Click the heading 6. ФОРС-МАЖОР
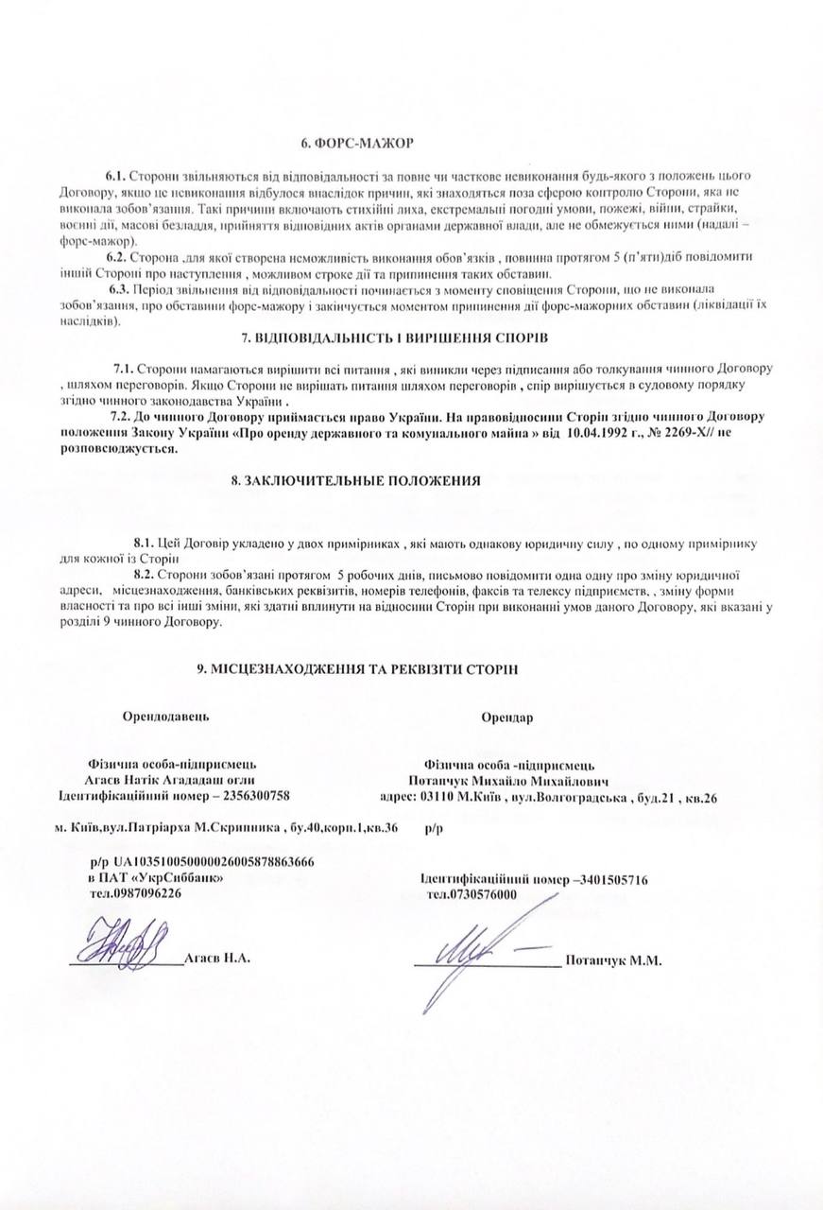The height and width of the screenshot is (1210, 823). [358, 143]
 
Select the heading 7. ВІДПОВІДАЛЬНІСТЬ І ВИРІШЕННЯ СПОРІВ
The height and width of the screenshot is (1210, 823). [395, 337]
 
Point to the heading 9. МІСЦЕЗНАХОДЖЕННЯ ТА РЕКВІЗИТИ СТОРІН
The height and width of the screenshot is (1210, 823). [357, 668]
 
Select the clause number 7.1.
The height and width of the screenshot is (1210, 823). [126, 367]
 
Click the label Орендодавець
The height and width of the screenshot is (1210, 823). [166, 716]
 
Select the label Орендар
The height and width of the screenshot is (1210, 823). [506, 717]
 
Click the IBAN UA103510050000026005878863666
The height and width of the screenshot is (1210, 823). [214, 862]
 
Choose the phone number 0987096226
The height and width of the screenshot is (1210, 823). [148, 892]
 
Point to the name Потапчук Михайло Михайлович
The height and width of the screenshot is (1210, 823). [509, 782]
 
